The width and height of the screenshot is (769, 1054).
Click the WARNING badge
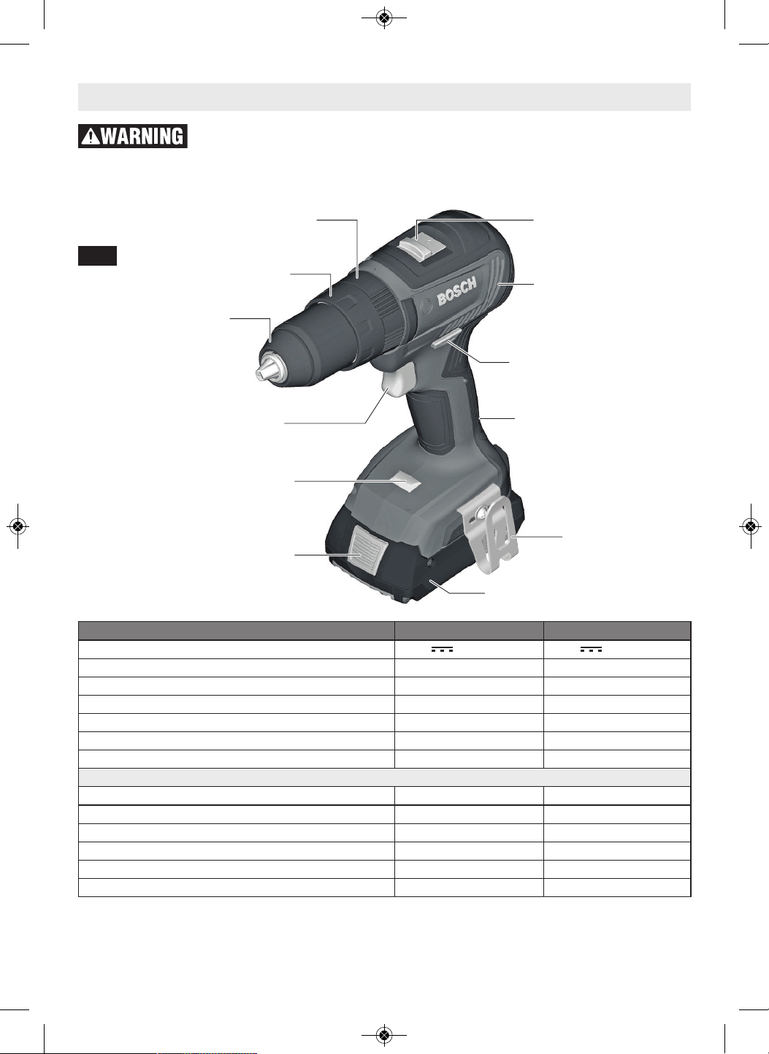[133, 136]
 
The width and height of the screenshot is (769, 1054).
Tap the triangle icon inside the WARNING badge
[91, 136]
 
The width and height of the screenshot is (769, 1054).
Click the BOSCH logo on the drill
[456, 292]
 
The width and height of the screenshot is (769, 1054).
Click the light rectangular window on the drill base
[405, 483]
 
